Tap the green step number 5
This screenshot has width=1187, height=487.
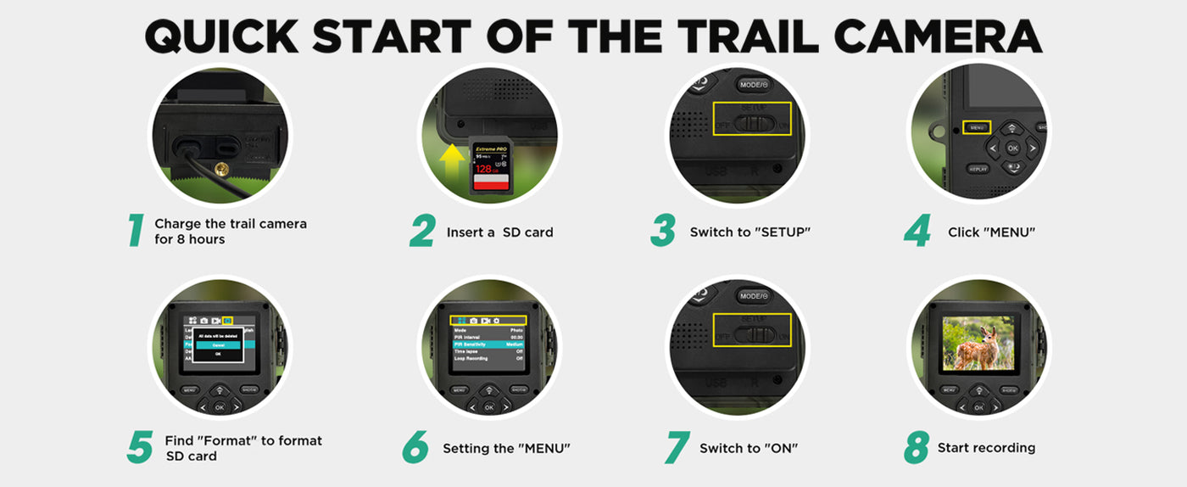tap(139, 448)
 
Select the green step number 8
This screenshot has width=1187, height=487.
tap(916, 448)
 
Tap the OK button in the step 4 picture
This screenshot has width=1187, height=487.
tap(1011, 148)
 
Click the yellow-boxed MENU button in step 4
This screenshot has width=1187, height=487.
tap(977, 127)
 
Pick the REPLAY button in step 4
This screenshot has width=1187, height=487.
tap(978, 169)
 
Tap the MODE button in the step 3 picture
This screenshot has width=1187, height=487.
tap(753, 84)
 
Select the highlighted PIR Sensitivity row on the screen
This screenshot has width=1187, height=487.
tap(488, 344)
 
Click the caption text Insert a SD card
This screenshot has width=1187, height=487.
tap(499, 232)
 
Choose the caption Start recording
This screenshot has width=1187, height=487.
tap(986, 448)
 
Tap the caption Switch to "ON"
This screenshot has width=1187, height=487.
tap(749, 448)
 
